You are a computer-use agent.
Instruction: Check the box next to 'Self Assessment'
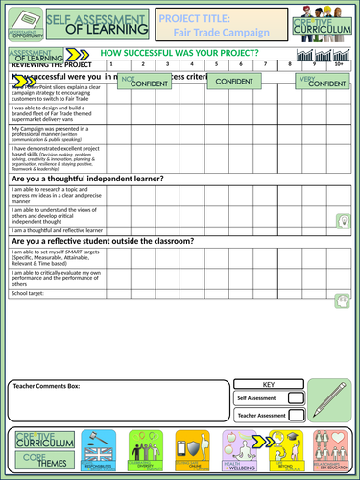(297, 396)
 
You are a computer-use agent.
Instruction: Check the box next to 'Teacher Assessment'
(297, 415)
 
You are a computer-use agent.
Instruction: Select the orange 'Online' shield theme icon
(192, 450)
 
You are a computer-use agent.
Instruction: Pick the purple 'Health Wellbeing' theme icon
(238, 450)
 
